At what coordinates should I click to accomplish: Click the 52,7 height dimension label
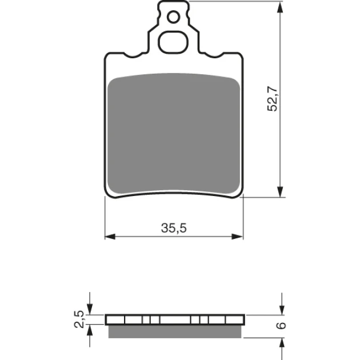tap(273, 99)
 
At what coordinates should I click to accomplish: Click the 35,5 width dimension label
tap(174, 228)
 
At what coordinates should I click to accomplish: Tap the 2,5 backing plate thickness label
tap(79, 319)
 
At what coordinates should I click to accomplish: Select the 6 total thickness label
tap(281, 326)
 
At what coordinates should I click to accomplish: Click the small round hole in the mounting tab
tap(173, 17)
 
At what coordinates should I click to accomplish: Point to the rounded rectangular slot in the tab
tap(173, 42)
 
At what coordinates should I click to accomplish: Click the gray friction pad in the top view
tap(174, 134)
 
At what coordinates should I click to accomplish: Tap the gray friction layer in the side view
tap(175, 332)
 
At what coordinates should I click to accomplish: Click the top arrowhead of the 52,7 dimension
tap(279, 7)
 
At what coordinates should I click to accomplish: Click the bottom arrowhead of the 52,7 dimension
tap(279, 191)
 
